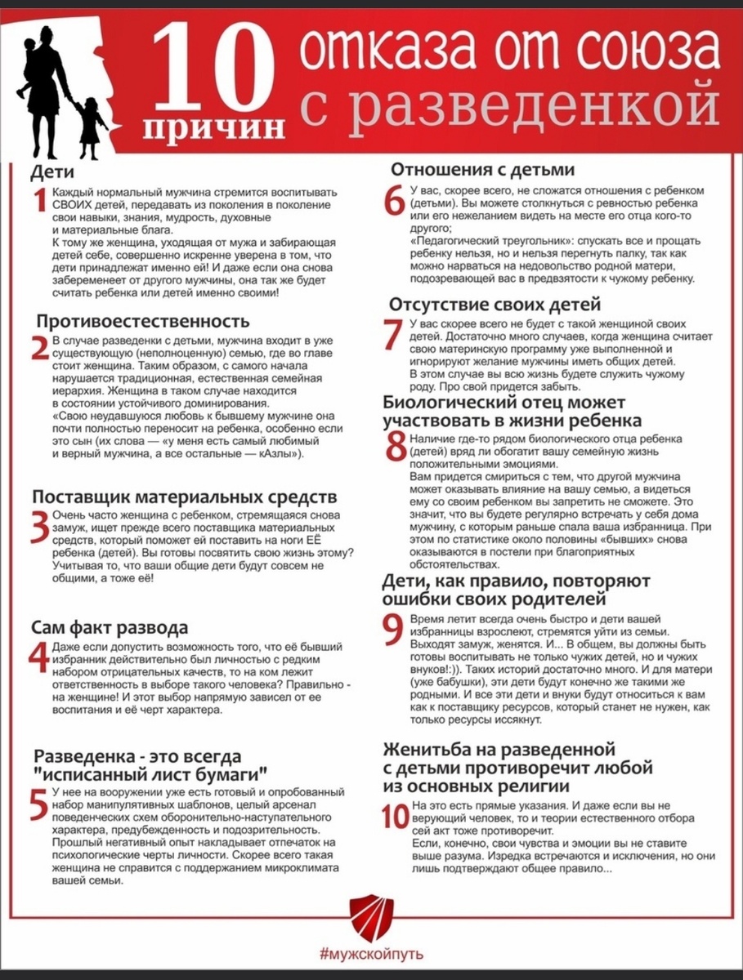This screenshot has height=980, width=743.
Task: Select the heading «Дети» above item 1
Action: pos(52,172)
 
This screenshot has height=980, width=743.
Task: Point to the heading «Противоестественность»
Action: pos(140,319)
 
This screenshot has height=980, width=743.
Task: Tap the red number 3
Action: pos(39,527)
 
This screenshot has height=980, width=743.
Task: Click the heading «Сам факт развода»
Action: pos(110,627)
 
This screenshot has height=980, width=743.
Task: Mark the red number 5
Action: pos(39,804)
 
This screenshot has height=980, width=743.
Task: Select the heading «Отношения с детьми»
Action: pos(483,170)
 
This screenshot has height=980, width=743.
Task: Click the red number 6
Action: pos(395,200)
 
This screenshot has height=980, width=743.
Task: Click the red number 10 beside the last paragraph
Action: pos(393,816)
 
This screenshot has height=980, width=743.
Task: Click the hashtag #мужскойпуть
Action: pos(371,953)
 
